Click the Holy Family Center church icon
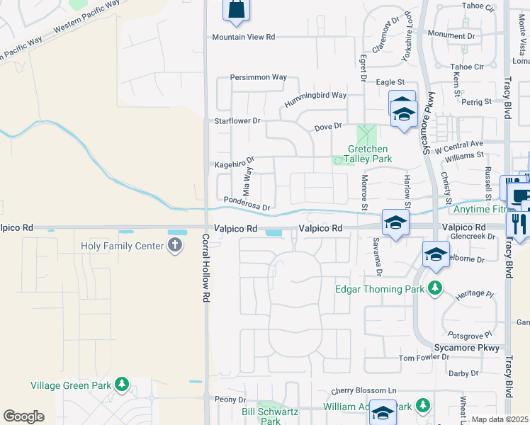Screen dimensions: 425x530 point(175,246)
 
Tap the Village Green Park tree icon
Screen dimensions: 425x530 point(123,385)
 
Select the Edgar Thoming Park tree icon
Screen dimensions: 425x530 point(436,288)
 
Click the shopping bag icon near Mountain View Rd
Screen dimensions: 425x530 point(236,9)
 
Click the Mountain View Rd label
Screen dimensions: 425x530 point(244,37)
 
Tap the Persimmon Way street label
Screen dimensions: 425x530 point(259,77)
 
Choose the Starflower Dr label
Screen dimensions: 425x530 point(238,121)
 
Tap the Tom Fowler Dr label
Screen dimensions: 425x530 point(424,358)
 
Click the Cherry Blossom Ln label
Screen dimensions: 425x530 point(363,390)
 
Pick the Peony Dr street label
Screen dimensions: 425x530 point(230,399)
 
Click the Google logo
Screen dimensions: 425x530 point(23,416)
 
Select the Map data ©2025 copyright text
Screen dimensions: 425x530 point(500,420)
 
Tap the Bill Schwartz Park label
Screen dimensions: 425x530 point(271,416)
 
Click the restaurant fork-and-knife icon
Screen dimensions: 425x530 point(517,223)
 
